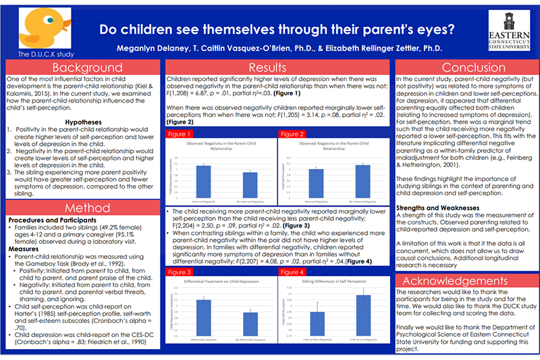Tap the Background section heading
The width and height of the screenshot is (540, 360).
coord(82,68)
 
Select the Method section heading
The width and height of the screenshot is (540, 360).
coord(82,209)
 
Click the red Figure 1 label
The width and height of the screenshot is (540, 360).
coord(181,135)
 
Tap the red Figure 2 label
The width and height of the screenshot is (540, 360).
coord(292,135)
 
